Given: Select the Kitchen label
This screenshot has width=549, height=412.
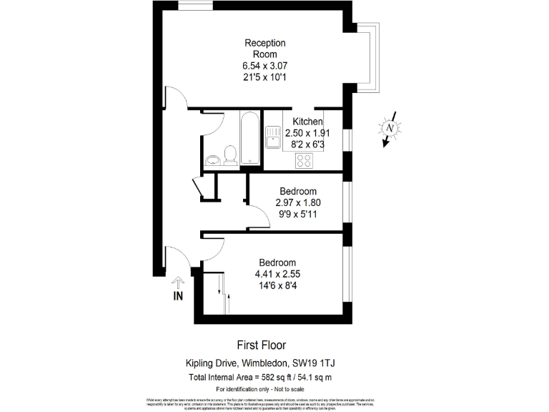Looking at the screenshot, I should click(x=308, y=122).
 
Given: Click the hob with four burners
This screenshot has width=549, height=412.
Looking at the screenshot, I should click(x=304, y=160).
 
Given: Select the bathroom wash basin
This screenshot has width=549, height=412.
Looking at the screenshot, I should click(x=212, y=159).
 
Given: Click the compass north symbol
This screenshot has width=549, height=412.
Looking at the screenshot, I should click(x=390, y=129).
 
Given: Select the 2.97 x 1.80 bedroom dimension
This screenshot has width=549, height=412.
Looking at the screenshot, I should click(x=298, y=202).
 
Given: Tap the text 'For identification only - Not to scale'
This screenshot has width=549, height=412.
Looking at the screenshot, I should click(x=260, y=388).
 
